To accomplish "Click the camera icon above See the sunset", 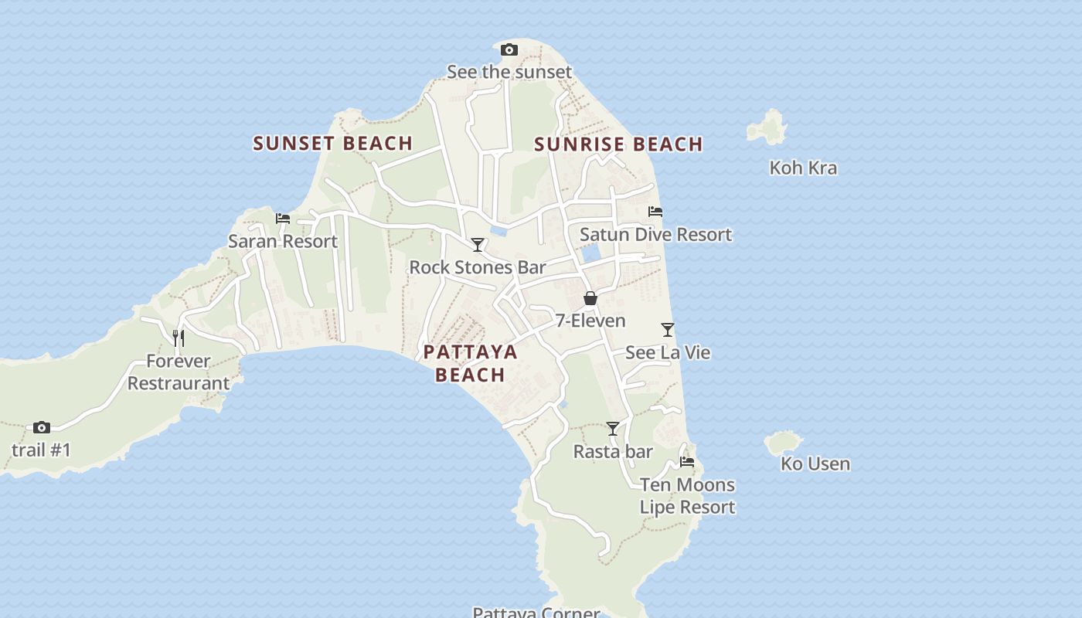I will click(509, 50).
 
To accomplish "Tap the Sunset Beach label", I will click(332, 143).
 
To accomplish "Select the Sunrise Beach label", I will click(618, 144).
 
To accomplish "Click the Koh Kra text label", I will click(803, 168).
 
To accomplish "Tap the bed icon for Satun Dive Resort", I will click(655, 212).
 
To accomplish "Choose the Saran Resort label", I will click(283, 241).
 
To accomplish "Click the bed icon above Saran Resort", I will click(283, 219).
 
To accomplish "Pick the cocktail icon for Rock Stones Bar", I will click(478, 245).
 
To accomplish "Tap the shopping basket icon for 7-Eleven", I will click(590, 298).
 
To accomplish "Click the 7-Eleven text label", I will click(590, 321).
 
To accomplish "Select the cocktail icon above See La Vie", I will click(668, 330).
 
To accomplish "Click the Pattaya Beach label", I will click(470, 363).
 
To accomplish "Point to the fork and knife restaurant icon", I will click(178, 338).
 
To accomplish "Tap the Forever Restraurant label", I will click(178, 372).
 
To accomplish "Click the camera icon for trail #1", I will click(42, 427).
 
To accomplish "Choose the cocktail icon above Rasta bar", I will click(613, 429).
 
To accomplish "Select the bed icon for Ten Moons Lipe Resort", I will click(686, 462).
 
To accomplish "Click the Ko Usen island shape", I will click(783, 443).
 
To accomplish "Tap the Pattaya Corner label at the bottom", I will click(536, 612).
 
